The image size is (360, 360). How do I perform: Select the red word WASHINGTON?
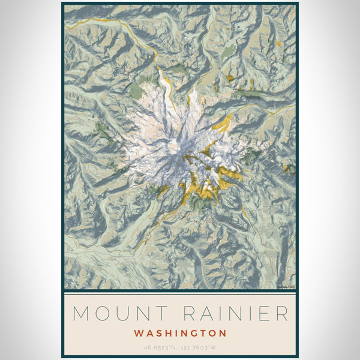[180, 333]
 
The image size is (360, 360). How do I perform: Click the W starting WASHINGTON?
[139, 333]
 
